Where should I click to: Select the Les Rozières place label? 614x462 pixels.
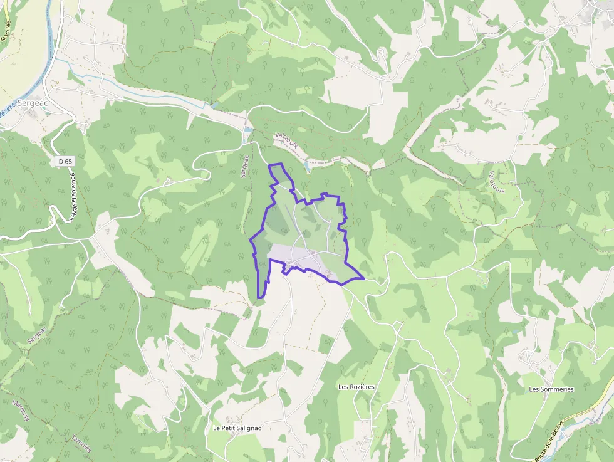(x=356, y=387)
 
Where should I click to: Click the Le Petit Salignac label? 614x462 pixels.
(x=236, y=428)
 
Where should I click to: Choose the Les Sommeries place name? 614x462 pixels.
(x=551, y=389)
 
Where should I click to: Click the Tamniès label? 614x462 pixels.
(x=81, y=444)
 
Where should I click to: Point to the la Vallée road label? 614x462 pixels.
(x=6, y=30)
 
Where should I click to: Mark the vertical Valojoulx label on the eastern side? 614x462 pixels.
(x=497, y=182)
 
